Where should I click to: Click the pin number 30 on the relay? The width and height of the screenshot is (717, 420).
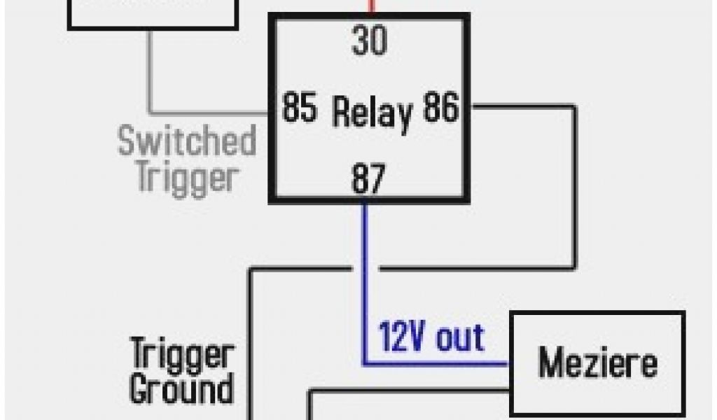369,41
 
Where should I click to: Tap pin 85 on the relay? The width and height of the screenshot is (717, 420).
300,108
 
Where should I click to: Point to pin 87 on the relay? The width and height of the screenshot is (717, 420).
368,180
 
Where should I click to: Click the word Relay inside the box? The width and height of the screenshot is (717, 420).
372,112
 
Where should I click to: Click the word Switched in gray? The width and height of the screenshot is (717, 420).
187,141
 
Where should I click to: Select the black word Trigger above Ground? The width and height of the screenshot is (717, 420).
181,355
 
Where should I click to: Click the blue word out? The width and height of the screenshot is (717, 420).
459,338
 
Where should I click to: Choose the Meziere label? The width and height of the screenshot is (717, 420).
597,363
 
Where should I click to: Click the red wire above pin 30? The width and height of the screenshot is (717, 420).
372,7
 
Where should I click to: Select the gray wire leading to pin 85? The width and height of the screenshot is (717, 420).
210,112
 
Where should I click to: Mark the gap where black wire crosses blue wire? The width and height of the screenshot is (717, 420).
364,267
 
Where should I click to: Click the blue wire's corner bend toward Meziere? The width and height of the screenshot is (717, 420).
365,363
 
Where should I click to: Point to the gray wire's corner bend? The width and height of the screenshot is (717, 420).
150,112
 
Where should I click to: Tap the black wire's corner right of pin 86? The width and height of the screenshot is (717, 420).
575,107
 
